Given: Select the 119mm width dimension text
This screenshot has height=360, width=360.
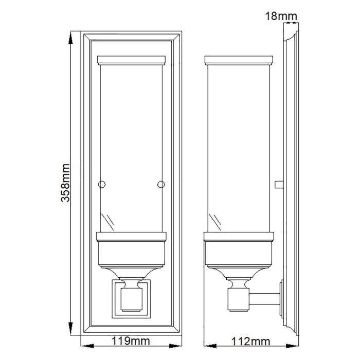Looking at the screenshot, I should pyautogui.click(x=131, y=341).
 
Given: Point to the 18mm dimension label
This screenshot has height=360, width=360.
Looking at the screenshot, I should pyautogui.click(x=281, y=16).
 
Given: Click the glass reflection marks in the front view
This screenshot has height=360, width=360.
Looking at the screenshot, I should pyautogui.click(x=109, y=221).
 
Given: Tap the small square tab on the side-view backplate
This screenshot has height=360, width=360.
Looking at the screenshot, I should pyautogui.click(x=279, y=184).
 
